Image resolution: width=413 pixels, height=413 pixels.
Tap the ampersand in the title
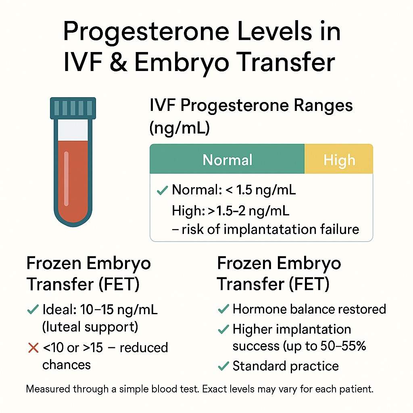pos(116,63)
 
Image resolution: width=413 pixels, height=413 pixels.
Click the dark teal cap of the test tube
pos(73,108)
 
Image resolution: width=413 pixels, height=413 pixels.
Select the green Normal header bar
pos(227,160)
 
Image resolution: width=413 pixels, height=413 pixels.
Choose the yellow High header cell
pos(339,160)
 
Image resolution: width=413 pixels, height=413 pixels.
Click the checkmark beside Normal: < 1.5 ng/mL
pos(162,190)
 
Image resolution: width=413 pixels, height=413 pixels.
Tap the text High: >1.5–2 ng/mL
pos(230,210)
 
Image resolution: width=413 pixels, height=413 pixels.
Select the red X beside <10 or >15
pos(33,348)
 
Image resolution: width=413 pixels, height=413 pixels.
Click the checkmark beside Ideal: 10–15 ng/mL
pos(32,310)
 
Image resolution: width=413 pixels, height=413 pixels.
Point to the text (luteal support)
pos(90,327)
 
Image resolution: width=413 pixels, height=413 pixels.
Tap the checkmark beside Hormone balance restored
pos(223,309)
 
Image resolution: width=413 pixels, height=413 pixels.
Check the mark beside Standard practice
pos(223,366)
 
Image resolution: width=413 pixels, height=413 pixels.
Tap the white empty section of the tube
pos(73,129)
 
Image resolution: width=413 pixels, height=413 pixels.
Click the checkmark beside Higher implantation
pos(223,330)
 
